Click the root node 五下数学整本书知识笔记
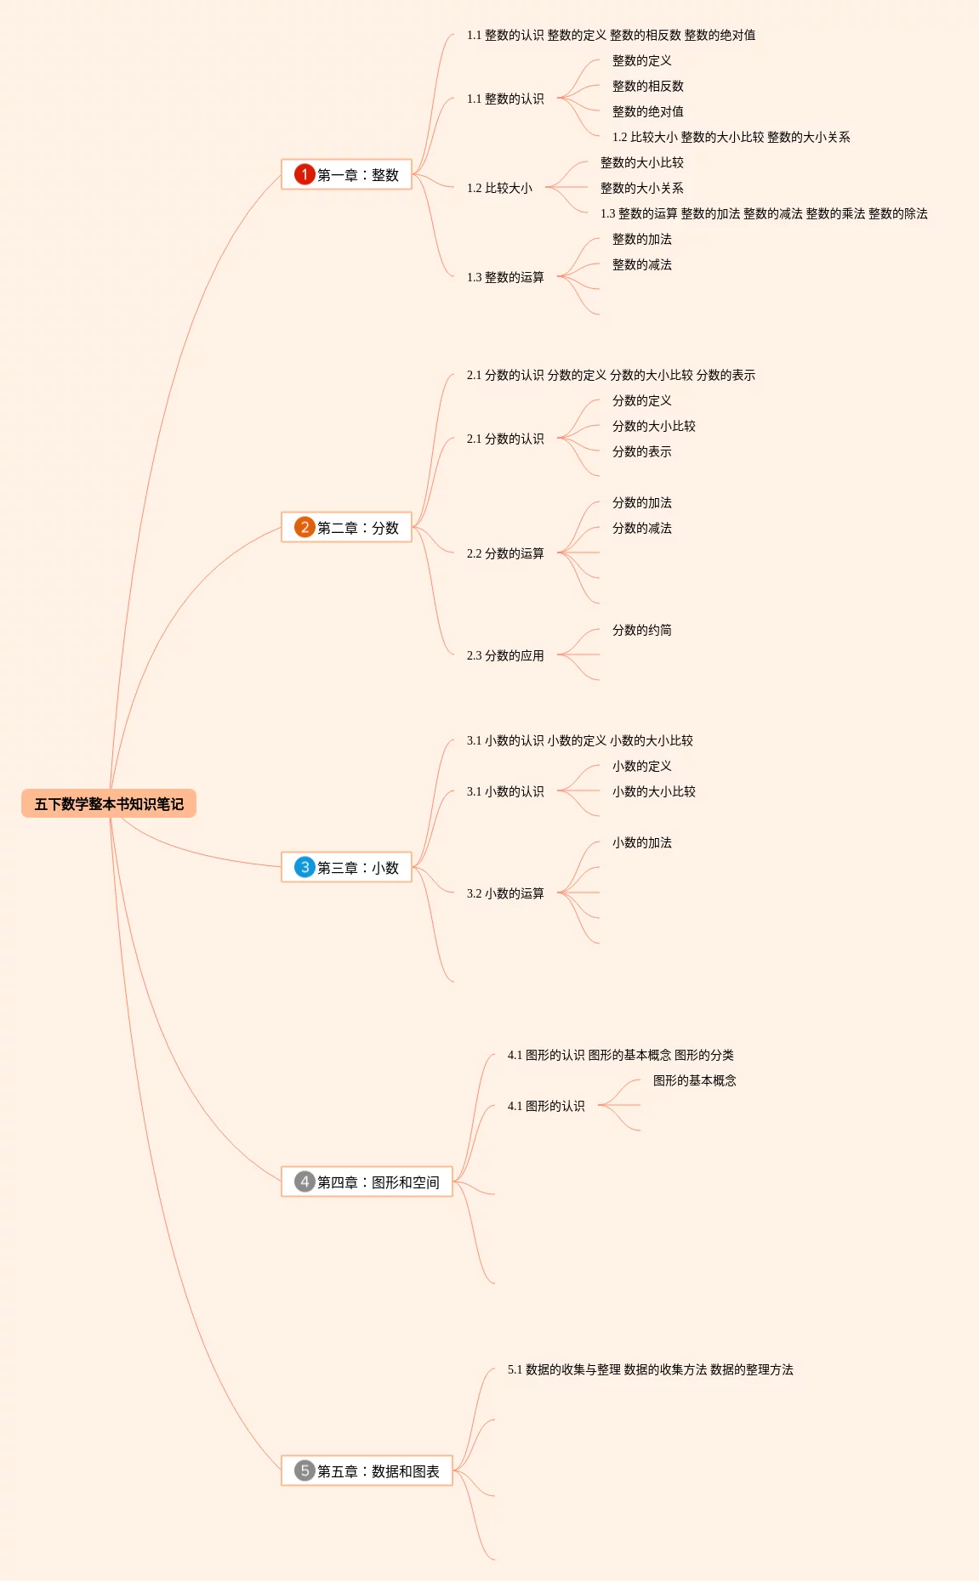coord(109,804)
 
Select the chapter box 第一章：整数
coord(347,175)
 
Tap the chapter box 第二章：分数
coord(347,528)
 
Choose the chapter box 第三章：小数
coord(347,868)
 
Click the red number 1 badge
coord(305,174)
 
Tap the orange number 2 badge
coord(305,527)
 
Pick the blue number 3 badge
coord(305,867)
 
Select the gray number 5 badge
coord(305,1470)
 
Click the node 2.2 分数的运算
coord(505,553)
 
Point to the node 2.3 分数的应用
coord(505,655)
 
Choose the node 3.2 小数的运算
coord(505,893)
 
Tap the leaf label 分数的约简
coord(642,630)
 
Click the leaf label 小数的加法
coord(642,842)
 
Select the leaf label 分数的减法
coord(642,528)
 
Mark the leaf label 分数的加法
coord(642,502)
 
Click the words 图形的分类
coord(704,1055)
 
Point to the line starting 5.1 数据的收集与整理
coord(650,1369)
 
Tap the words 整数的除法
coord(898,213)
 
